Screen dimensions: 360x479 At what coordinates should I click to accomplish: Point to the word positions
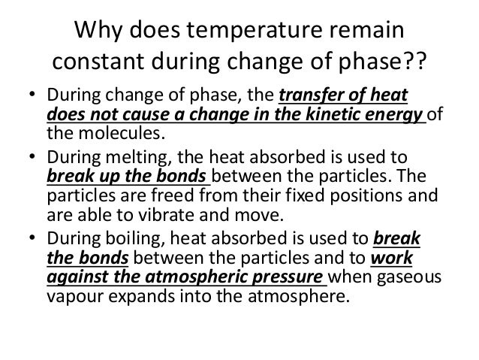[358, 197]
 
